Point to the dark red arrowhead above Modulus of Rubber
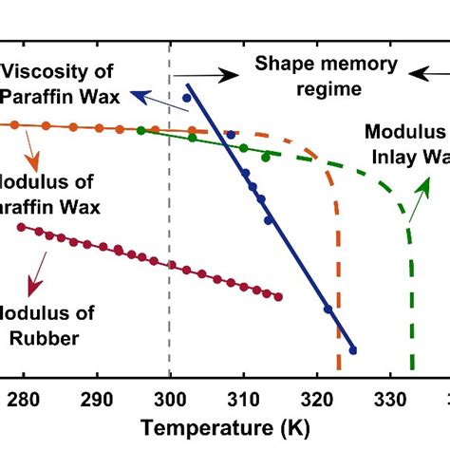tap(35, 290)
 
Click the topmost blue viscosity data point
tap(186, 98)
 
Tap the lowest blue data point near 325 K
tap(352, 350)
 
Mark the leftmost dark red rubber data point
tap(22, 226)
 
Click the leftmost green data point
tap(141, 131)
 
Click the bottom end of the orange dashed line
tap(338, 368)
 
